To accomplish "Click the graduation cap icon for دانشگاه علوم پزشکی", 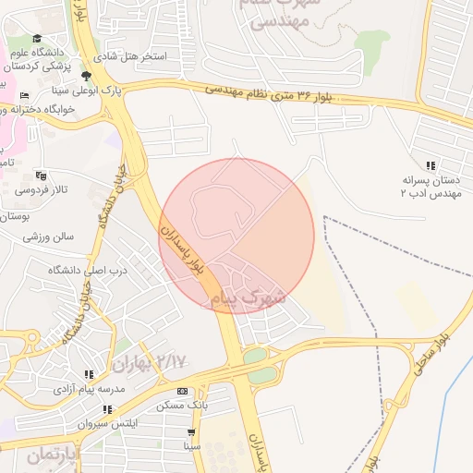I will (x=37, y=39).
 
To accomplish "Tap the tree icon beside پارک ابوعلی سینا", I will (x=87, y=77).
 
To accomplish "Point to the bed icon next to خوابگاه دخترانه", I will (x=23, y=95).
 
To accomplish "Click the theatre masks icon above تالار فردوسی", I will (x=40, y=176).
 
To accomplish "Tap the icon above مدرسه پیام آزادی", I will (x=89, y=375).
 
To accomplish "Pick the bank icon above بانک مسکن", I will (x=182, y=392).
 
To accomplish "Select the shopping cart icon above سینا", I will (x=191, y=431).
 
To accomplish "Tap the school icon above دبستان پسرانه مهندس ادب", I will (x=430, y=164).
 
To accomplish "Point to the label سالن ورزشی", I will (x=48, y=236).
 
